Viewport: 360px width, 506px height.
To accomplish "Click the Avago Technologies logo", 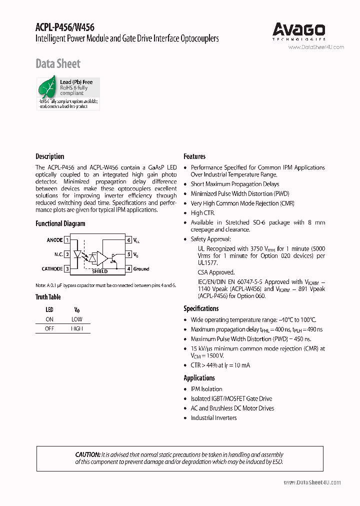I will (x=299, y=31).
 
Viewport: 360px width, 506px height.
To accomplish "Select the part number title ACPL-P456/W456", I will (x=65, y=27).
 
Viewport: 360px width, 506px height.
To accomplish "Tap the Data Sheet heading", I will (x=57, y=63).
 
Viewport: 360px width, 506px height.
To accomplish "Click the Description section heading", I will (x=49, y=156).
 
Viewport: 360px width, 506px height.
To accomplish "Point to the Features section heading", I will (x=194, y=156).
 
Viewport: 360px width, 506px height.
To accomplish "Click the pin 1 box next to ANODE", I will (x=67, y=240).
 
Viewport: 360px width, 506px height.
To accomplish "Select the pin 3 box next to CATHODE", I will (x=67, y=269).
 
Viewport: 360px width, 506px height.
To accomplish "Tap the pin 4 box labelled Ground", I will (x=128, y=269).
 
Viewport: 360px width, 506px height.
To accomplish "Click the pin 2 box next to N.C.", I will (x=67, y=254).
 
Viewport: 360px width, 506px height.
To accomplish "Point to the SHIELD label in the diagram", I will (x=100, y=271).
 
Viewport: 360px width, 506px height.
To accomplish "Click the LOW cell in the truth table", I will (x=77, y=319).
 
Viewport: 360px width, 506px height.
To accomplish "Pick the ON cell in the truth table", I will (x=49, y=319).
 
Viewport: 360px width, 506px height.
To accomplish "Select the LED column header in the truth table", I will (x=49, y=309).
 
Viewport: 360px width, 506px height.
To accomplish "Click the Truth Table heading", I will (x=48, y=297).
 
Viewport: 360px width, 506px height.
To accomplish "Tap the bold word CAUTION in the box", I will (x=87, y=454).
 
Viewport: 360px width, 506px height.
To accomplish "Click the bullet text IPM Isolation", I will (x=206, y=389).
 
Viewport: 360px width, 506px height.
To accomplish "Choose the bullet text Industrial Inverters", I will (x=213, y=418).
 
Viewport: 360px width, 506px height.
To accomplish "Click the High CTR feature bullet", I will (x=202, y=213).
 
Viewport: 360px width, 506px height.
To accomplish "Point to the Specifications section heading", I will (x=201, y=308).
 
